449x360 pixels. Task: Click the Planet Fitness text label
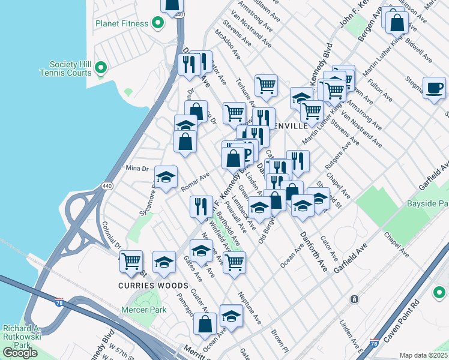tap(121, 23)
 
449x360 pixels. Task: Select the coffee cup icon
tap(434, 89)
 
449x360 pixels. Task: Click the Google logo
tap(20, 353)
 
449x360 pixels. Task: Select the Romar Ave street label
tap(195, 182)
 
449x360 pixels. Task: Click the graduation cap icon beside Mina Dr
tap(166, 178)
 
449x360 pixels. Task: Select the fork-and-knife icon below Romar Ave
tap(201, 206)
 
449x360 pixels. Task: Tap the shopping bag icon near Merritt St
tap(205, 324)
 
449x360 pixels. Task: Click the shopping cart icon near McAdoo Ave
tap(266, 85)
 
